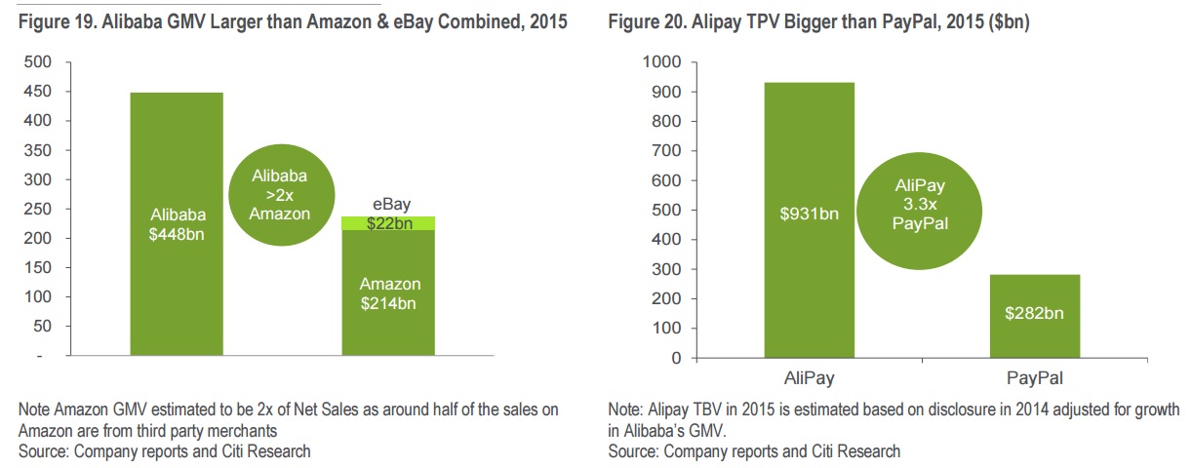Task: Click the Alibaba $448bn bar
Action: coord(177,223)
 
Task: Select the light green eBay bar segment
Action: coord(388,223)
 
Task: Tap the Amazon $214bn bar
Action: coord(388,292)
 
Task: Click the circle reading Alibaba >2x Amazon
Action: coord(279,195)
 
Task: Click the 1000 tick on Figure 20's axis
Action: coord(661,62)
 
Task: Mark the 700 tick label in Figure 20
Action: coord(665,151)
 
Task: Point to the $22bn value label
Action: coord(389,223)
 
